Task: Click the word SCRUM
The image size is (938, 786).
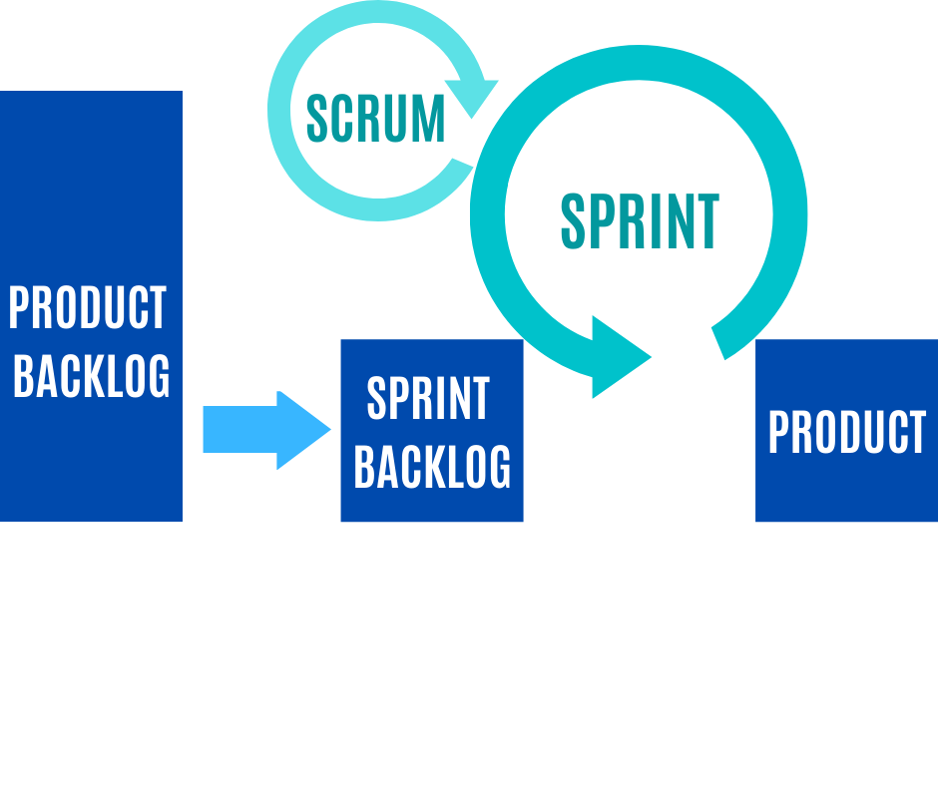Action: tap(375, 119)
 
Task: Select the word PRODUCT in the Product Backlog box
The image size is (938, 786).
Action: tap(88, 308)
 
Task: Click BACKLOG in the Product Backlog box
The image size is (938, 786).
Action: tap(92, 376)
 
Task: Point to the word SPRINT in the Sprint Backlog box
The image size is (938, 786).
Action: tap(429, 399)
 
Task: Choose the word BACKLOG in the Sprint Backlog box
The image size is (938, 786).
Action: tap(432, 465)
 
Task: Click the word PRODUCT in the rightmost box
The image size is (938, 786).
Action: tap(846, 433)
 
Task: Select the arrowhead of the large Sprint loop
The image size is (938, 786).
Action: tap(618, 357)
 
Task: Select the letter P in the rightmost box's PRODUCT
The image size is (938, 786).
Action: tap(778, 433)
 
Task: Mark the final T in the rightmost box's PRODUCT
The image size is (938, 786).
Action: tap(915, 433)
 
